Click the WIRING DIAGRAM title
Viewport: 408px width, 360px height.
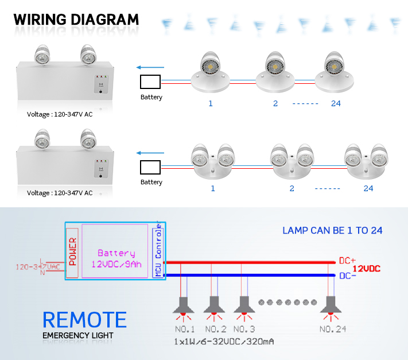point(76,18)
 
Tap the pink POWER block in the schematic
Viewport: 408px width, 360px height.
point(72,253)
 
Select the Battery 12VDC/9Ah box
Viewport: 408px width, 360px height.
point(116,252)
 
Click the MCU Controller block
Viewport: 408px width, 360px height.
point(158,253)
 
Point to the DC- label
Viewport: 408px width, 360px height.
point(348,276)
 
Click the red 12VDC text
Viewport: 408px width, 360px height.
point(366,269)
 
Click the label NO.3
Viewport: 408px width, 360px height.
point(244,329)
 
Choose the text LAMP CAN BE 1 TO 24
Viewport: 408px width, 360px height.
point(332,231)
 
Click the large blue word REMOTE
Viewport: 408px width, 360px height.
point(84,320)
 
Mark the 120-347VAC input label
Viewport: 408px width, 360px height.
point(38,267)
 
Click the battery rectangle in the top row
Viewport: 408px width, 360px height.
point(150,82)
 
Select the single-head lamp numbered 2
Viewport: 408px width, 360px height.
point(277,72)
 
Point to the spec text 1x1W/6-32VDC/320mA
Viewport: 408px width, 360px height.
point(224,342)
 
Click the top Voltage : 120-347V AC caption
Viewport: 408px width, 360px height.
point(60,114)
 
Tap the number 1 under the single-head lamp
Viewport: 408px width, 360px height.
point(211,103)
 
